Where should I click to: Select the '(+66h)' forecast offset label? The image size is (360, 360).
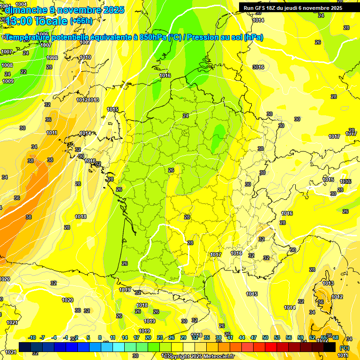point(81,21)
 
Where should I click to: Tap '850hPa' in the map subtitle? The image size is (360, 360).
point(153,37)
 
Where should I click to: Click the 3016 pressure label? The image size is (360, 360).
point(258,67)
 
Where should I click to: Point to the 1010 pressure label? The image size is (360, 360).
point(85,58)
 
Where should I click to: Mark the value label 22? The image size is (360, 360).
point(23,72)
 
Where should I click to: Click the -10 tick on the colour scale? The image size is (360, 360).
point(32,337)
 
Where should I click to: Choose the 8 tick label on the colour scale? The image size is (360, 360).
point(100,337)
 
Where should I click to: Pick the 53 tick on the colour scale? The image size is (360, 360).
point(277,337)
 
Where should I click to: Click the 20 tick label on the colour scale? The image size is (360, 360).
point(148,337)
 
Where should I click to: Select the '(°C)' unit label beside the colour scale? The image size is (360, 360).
point(345,347)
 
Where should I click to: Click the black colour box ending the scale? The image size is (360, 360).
point(330,347)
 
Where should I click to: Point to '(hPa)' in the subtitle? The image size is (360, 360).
point(254,37)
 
